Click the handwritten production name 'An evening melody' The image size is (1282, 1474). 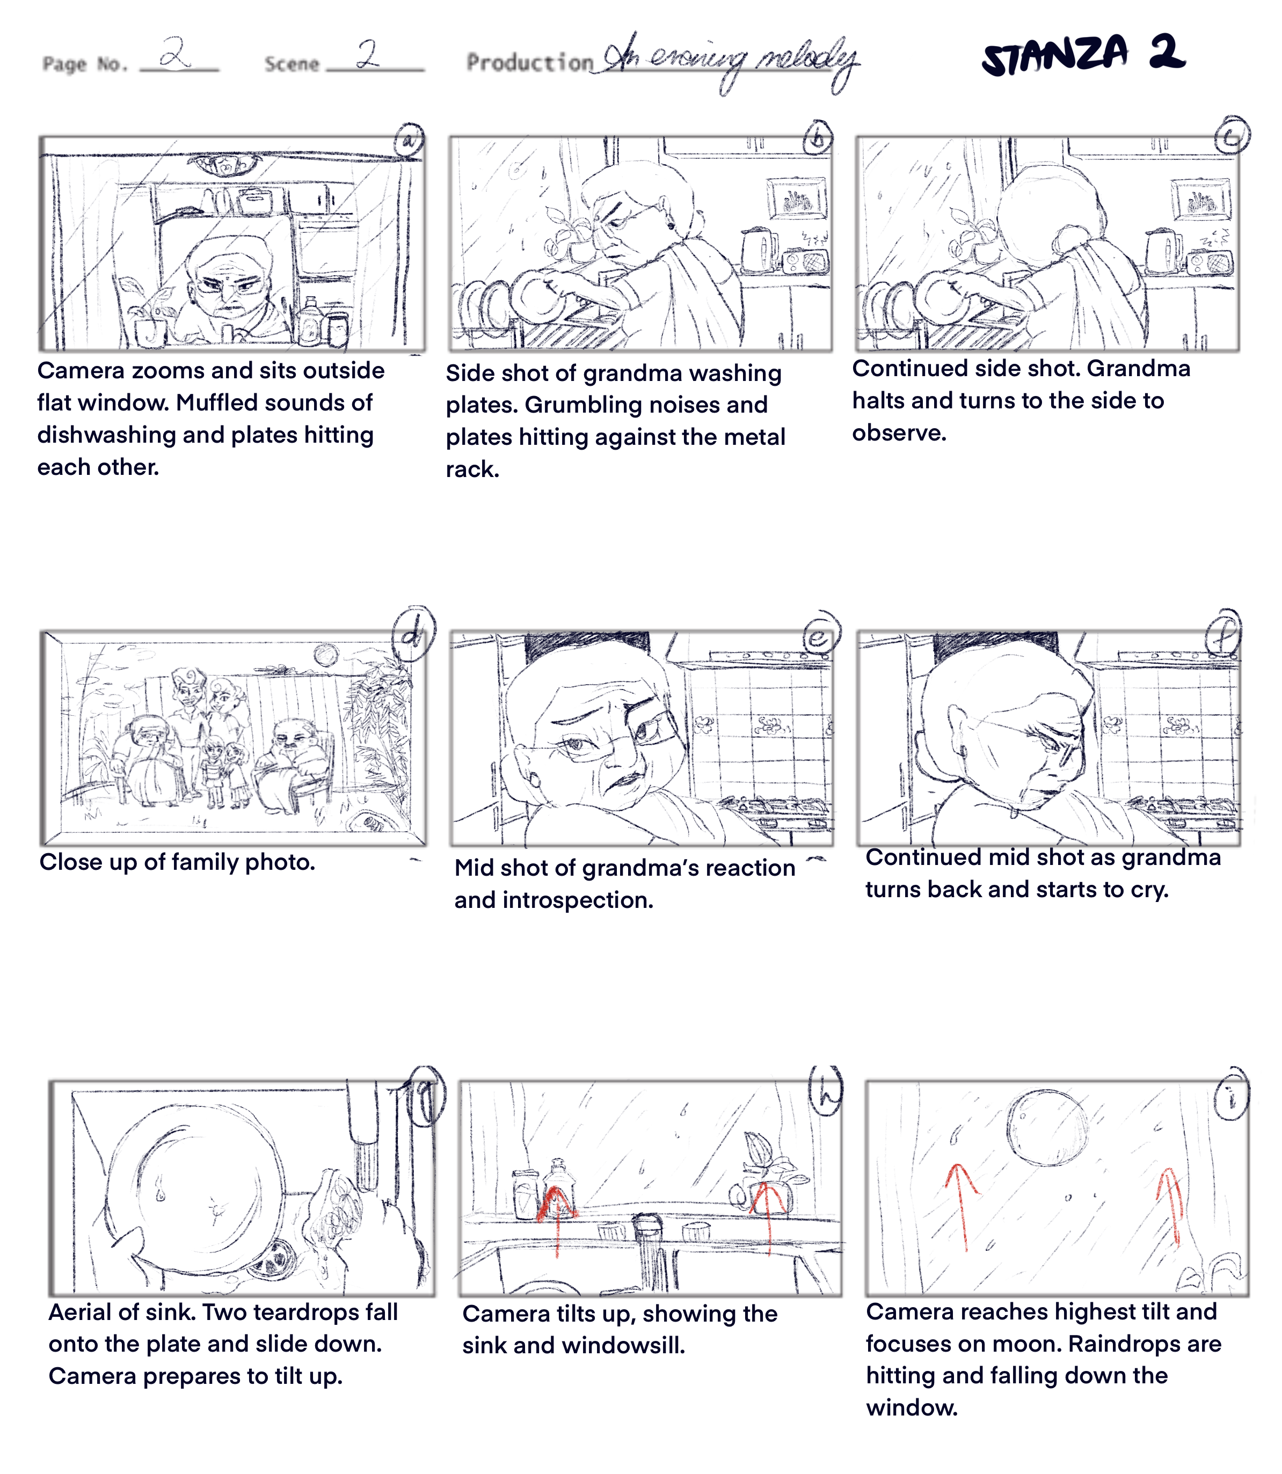(x=730, y=61)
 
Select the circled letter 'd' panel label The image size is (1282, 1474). (x=413, y=634)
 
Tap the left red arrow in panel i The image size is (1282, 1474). (x=961, y=1205)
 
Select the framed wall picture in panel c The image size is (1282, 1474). (x=1201, y=200)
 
